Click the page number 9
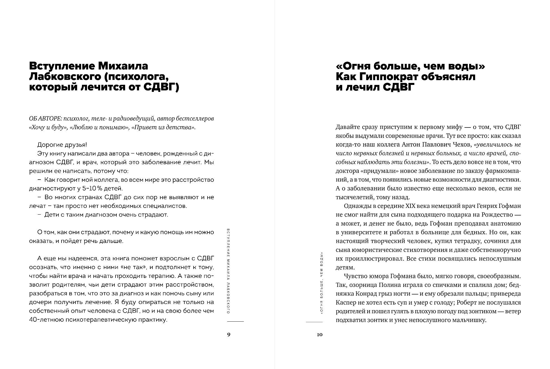229,335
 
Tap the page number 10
320,335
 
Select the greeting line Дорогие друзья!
62,145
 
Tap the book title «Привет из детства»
163,127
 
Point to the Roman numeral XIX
413,206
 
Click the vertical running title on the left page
229,271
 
